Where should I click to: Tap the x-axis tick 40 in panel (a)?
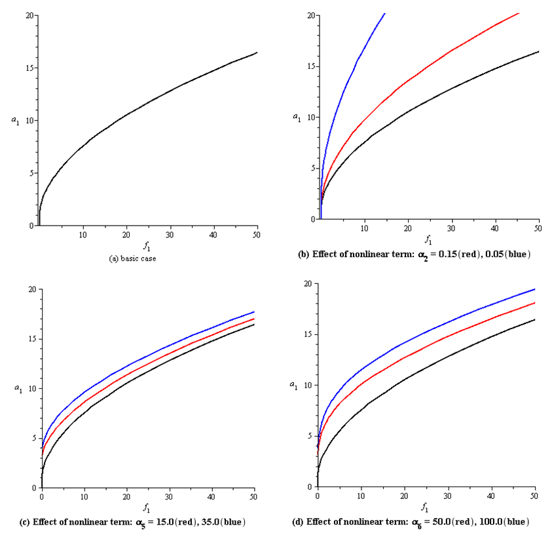click(213, 235)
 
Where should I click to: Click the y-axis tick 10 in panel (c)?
click(30, 389)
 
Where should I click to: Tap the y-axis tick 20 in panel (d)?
click(305, 284)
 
